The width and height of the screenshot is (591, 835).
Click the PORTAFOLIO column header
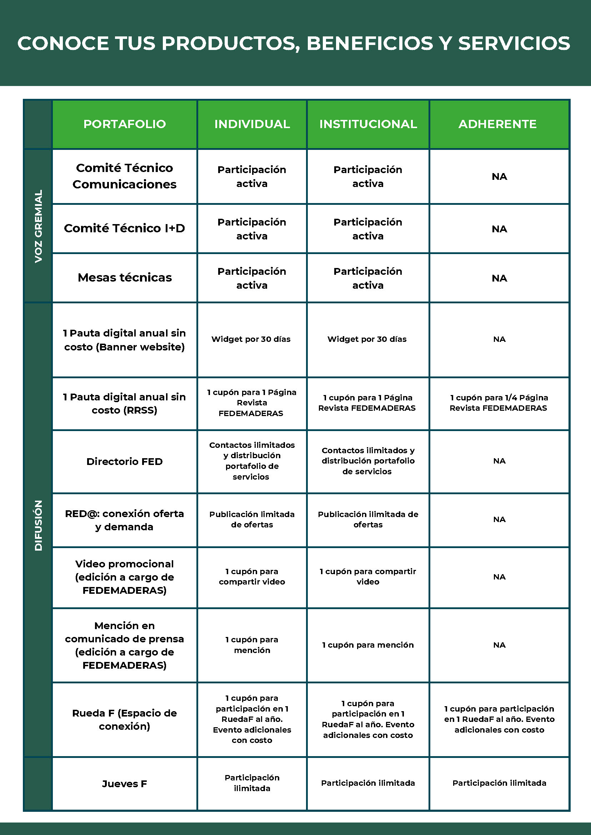(x=125, y=124)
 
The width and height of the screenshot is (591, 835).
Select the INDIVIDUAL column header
(x=252, y=124)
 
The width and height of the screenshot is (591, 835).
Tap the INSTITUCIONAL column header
(x=368, y=124)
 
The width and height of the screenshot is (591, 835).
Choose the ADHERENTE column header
(x=497, y=124)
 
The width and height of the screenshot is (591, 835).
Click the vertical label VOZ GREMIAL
(x=38, y=226)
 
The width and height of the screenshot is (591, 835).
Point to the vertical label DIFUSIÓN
(x=38, y=525)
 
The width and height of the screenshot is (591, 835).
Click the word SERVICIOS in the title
(x=514, y=43)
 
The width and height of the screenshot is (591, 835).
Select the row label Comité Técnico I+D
(x=125, y=228)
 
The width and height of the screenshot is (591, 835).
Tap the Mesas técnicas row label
(x=125, y=278)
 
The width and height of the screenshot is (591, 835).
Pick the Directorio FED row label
(x=125, y=461)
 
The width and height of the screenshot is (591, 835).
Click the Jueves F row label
(x=125, y=784)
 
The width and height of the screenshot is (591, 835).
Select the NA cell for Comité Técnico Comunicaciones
(x=499, y=177)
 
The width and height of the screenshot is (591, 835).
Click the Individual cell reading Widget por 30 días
(x=251, y=339)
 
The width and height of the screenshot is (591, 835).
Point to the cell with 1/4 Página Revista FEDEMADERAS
(x=499, y=403)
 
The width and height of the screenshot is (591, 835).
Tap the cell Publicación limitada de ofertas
(x=252, y=519)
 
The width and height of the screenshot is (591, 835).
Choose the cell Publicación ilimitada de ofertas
(x=368, y=519)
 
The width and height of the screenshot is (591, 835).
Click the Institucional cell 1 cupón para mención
(x=368, y=645)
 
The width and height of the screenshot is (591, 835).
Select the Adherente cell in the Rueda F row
(x=499, y=719)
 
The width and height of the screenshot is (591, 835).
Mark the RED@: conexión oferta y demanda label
(x=125, y=520)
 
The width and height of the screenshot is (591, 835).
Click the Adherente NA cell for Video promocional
(x=499, y=577)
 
